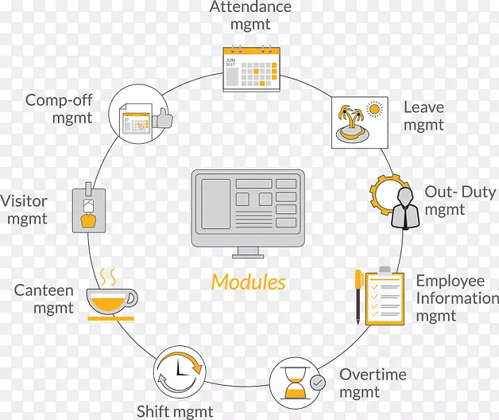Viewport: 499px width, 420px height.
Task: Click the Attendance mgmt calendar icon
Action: pos(251,68)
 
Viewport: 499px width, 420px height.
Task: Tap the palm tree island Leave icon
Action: pos(352,124)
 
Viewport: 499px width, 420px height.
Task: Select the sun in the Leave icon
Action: pos(374,109)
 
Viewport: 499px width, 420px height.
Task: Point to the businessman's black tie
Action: pos(405,216)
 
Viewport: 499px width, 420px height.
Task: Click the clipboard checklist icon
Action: pos(385,296)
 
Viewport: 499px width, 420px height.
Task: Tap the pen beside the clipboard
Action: pos(358,297)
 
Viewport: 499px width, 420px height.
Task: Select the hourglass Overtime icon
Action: pos(296,383)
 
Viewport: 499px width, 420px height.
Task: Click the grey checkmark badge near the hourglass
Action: pos(318,383)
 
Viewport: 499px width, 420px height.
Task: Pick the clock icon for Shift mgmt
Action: pos(180,372)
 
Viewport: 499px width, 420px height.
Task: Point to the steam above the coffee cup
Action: pos(108,277)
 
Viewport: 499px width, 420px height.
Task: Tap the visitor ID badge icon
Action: pos(89,208)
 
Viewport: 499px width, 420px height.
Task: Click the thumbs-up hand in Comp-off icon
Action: pos(162,119)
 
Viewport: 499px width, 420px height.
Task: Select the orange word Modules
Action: pos(248,282)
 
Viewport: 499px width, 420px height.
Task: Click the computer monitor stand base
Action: pos(248,256)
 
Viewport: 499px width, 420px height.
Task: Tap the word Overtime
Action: pos(373,375)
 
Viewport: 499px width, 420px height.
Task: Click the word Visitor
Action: pos(24,201)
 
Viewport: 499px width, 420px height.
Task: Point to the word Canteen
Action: pos(44,290)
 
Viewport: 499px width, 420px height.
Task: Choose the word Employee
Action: pos(451,282)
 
